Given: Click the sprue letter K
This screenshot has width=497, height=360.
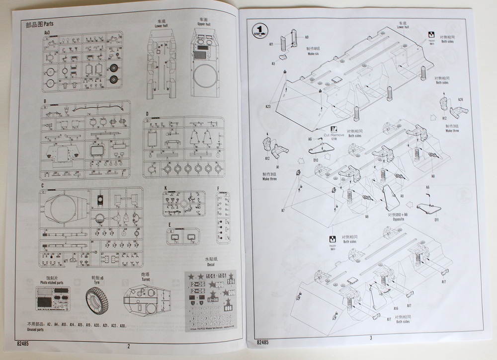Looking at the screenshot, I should coord(165,188).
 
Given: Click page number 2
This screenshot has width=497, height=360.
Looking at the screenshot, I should coord(128,347).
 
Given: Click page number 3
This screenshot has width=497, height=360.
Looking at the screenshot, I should coord(370,338).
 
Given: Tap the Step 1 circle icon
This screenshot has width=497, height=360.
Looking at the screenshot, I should coord(260,30).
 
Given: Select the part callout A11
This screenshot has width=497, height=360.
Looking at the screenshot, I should coord(272,44).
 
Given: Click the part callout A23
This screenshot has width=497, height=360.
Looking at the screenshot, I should coord(268,107).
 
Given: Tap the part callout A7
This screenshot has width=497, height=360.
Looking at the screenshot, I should coord(282,210).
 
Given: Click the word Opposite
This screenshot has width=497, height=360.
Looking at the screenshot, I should coord(398,219).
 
